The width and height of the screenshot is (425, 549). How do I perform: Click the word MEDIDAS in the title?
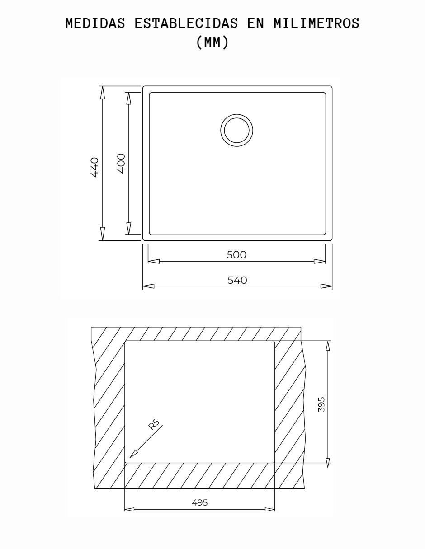(95, 23)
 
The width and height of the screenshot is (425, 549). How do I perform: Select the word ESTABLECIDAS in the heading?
(186, 23)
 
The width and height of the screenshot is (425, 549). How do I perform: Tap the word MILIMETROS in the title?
(316, 23)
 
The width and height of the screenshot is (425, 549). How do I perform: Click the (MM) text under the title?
(212, 42)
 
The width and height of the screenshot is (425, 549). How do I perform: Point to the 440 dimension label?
(95, 167)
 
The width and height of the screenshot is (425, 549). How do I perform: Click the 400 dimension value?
(121, 163)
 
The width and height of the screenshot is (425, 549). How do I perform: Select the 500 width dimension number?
(236, 255)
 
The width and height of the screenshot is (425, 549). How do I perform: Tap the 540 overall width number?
(237, 280)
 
